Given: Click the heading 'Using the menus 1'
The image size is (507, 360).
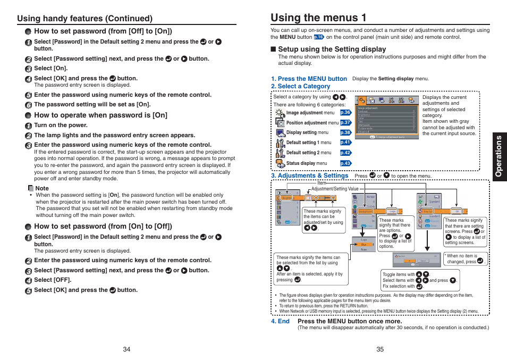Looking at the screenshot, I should point(318,17).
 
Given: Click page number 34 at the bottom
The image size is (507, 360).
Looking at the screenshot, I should point(126,349).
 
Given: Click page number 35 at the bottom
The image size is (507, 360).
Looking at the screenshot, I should point(380,349).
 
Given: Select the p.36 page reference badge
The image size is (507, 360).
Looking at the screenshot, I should point(345,113).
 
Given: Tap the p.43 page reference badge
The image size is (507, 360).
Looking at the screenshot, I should point(345,163).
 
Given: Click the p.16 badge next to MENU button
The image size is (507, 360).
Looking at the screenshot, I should point(319,37).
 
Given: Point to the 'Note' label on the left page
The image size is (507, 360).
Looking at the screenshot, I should point(41,188).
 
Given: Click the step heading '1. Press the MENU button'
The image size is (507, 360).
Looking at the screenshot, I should point(309,79).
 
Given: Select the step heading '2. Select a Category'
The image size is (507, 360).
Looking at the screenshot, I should point(301,86).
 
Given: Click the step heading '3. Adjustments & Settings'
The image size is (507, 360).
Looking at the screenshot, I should point(310,175).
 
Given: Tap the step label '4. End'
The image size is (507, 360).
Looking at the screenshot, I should point(280,321).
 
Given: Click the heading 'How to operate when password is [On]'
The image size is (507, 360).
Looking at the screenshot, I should point(100,115).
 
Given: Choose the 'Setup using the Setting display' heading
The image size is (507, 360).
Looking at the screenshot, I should point(332,49).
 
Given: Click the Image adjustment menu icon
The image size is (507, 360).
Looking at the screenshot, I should point(280,113).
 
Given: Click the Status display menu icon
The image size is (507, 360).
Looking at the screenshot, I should point(280,163).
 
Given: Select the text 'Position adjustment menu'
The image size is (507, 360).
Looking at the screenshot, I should point(312,123).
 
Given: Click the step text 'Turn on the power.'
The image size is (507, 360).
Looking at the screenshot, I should point(61,125).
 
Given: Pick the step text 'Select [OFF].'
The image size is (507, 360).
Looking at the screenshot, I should point(53,280).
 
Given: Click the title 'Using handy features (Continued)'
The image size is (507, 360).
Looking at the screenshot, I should point(84,18).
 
